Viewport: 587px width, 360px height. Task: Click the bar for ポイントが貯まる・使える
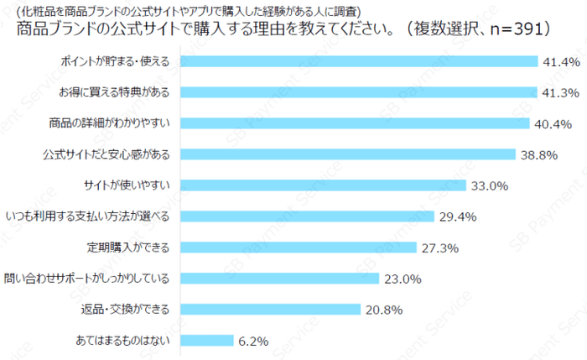point(359,61)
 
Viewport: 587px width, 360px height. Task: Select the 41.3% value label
point(558,92)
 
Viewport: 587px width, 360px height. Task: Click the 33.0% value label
point(489,185)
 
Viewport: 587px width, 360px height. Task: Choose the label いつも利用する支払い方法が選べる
point(88,216)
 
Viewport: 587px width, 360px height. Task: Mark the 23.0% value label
point(403,279)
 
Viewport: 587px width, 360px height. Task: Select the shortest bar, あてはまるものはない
point(207,340)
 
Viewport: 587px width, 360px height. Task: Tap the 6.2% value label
point(252,341)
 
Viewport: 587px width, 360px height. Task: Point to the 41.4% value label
point(559,61)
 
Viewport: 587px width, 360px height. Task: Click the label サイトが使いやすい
point(127,185)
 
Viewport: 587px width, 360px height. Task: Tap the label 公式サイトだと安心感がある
point(106,154)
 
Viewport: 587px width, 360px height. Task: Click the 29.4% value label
point(457,217)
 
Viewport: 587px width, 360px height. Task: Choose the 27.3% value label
point(439,248)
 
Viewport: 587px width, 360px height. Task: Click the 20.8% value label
point(383,309)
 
